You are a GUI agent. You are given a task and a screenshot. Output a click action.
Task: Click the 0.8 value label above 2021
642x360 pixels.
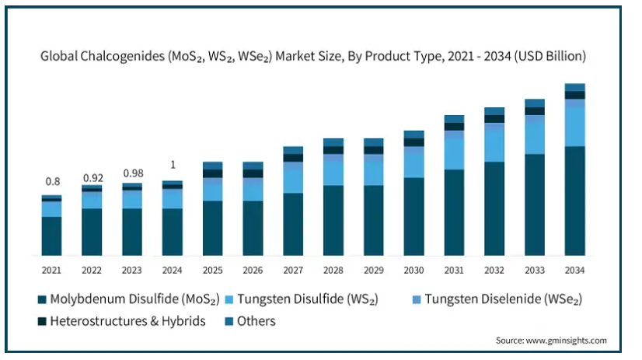coord(52,181)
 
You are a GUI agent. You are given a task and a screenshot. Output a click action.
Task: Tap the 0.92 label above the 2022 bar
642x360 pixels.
coord(93,178)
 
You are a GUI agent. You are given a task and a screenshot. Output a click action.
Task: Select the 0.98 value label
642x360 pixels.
coord(133,173)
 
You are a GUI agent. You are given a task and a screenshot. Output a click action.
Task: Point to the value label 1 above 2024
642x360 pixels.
coord(173,165)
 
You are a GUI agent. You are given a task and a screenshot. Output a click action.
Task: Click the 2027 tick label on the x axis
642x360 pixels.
coord(293,271)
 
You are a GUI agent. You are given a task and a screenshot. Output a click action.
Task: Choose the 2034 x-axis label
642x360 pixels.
coord(574,271)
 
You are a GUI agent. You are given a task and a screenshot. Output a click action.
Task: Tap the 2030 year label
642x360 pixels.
coord(413,271)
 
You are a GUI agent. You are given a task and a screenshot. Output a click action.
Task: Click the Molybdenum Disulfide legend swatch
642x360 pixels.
coord(42,299)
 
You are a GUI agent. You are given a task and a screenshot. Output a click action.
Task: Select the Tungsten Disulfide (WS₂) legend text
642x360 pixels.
coord(308,299)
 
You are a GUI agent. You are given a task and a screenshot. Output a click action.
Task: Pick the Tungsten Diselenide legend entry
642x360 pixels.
coord(497,299)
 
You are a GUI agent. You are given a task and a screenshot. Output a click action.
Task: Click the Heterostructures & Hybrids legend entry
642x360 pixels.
coord(121,321)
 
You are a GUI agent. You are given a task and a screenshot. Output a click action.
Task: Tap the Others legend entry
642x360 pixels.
coord(250,321)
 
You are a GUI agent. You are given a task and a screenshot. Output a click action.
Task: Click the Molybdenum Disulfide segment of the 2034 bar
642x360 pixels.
coord(575,201)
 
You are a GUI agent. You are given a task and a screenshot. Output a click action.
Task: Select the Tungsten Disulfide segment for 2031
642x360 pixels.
coord(454,154)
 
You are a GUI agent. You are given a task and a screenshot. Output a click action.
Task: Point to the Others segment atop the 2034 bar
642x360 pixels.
coord(575,88)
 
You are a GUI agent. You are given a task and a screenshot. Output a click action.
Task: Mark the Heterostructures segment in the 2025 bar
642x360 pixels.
coord(212,173)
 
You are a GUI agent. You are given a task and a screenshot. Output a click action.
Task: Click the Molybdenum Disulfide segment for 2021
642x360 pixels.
coord(51,236)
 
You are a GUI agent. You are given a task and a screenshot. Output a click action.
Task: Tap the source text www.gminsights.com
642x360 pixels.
coord(567,341)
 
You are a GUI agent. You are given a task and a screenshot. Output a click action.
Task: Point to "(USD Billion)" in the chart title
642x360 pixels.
coord(550,56)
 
